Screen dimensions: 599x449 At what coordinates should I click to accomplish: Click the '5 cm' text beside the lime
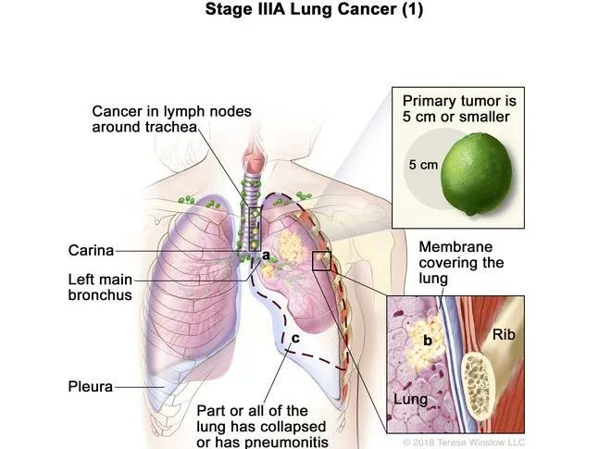pos(423,166)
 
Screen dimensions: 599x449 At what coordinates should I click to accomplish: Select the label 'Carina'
pos(91,250)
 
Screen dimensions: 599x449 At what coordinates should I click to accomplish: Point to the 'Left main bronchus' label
pos(99,286)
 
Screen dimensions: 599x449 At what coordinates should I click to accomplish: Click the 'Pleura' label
pos(89,386)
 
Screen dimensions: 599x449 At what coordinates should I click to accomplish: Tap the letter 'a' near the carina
pos(265,254)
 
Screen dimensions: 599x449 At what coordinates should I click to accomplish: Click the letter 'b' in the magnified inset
pos(427,341)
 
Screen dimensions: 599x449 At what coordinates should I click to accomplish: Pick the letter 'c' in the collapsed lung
pos(294,338)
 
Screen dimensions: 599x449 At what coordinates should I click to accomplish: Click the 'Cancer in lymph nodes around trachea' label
pos(170,119)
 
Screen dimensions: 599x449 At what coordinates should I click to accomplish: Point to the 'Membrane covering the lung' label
pos(461,262)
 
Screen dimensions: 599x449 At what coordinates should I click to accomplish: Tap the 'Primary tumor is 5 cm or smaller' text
pos(456,107)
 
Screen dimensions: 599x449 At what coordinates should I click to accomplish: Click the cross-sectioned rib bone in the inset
pos(479,379)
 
